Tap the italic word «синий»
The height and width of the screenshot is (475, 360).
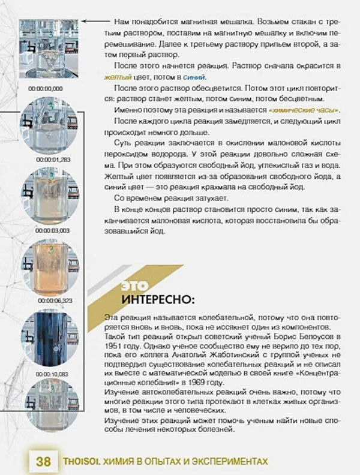pos(196,77)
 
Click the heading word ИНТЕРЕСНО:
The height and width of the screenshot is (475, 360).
pos(157,298)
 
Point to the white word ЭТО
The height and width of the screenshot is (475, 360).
pos(134,284)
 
